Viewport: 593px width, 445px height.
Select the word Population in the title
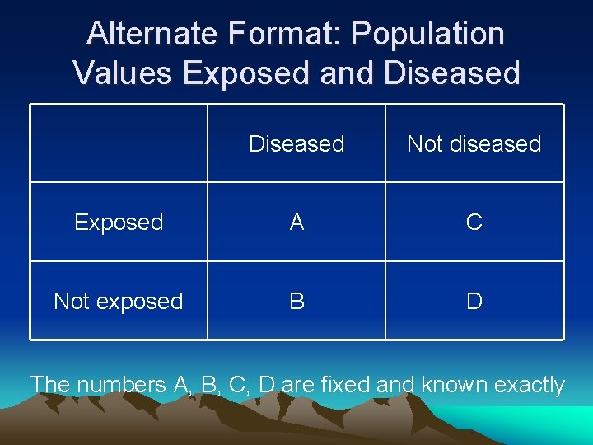[427, 34]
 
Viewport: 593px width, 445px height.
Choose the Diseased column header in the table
[296, 143]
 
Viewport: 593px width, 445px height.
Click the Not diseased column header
[474, 143]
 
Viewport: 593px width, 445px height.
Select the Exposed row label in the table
[119, 222]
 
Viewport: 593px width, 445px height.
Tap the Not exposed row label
[119, 301]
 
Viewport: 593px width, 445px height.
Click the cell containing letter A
[296, 222]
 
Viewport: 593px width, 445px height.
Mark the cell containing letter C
[474, 222]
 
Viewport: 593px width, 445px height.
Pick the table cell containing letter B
[296, 301]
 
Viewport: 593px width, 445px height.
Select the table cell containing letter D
[474, 301]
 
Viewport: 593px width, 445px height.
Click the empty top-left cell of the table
[119, 143]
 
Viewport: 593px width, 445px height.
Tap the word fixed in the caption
[347, 385]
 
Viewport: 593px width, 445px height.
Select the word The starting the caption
[50, 385]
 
